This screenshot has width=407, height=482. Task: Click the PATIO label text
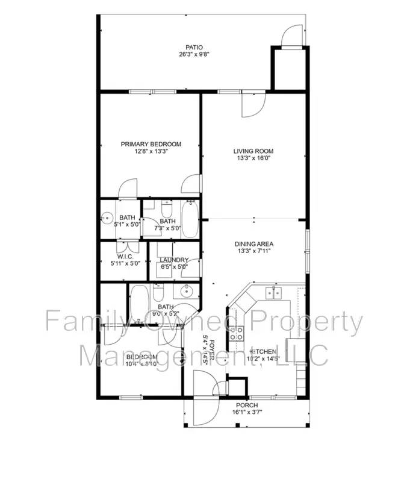193,47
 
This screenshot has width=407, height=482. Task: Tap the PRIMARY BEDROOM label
151,144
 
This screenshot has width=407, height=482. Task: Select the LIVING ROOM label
253,151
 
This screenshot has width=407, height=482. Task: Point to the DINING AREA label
253,244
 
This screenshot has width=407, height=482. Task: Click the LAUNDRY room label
174,260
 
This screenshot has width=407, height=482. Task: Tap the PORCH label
246,405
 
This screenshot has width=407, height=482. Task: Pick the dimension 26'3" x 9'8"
193,55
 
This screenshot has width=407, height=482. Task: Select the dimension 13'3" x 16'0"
253,159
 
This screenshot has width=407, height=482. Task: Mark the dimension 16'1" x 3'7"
246,413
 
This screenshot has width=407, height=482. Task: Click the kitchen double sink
274,293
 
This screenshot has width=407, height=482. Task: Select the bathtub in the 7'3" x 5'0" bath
190,218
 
